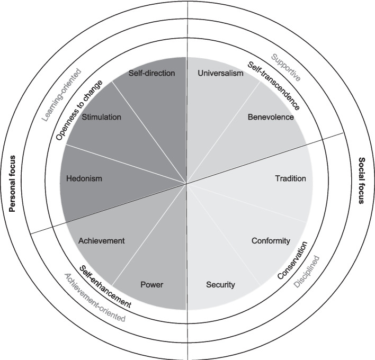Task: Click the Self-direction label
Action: [x=152, y=74]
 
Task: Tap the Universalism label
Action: [x=220, y=74]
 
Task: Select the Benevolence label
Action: [x=270, y=117]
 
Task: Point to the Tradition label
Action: [x=290, y=178]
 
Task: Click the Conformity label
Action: [x=271, y=241]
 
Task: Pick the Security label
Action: [x=220, y=285]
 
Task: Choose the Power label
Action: [x=151, y=285]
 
